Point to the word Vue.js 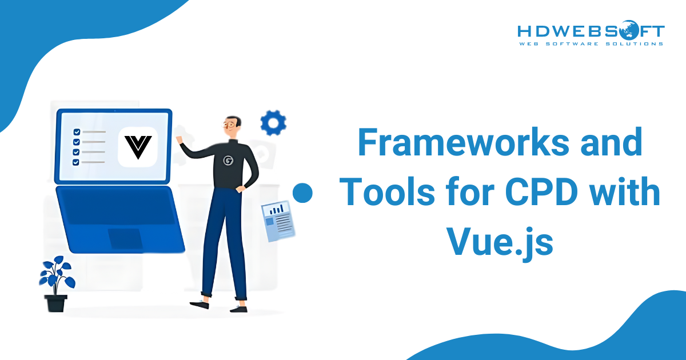coord(499,242)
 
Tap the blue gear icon coord(273,122)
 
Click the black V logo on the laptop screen coord(138,147)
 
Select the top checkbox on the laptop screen coord(76,132)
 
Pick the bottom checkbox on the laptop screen coord(76,162)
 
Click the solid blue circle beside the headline coord(303,193)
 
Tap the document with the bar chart coord(278,220)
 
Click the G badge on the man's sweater coord(228,161)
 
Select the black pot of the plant coord(56,302)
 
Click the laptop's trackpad coord(126,238)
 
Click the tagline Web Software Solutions coord(591,43)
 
